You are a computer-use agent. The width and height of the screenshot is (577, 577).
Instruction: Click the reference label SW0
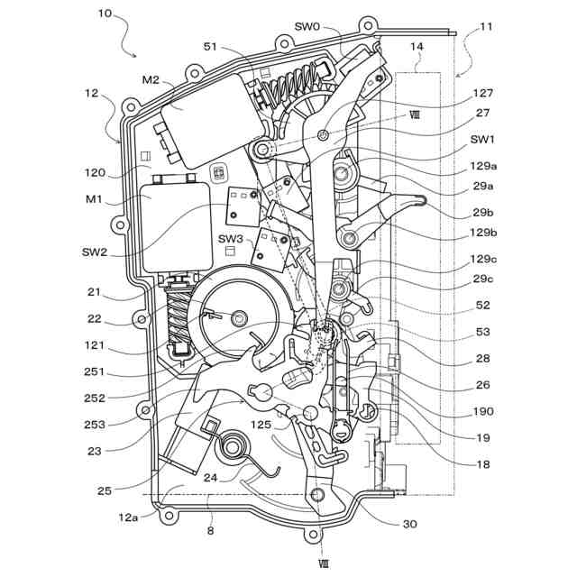[x=307, y=27]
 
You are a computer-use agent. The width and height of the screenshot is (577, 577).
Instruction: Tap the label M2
[x=150, y=80]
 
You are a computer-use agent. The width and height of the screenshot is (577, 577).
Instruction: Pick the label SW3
[x=230, y=238]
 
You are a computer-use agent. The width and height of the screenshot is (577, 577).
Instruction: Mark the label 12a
[x=128, y=517]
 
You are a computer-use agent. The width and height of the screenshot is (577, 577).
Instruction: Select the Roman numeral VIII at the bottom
[x=324, y=563]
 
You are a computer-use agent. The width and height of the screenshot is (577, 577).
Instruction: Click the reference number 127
[x=483, y=92]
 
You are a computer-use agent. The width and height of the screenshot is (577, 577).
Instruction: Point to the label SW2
[x=94, y=252]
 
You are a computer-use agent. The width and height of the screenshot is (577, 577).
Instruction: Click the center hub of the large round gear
[x=239, y=316]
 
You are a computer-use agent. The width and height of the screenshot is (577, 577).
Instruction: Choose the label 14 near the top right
[x=417, y=45]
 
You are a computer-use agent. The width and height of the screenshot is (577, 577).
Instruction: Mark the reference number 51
[x=211, y=46]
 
